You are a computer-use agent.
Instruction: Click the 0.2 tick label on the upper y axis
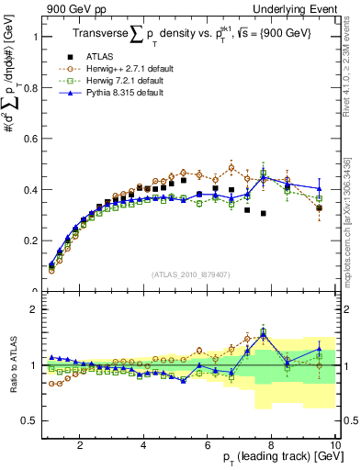pos(30,241)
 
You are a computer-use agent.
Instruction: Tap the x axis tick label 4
pos(144,445)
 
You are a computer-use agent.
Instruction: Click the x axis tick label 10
pos(334,445)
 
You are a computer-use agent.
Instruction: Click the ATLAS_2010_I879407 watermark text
pos(190,274)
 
